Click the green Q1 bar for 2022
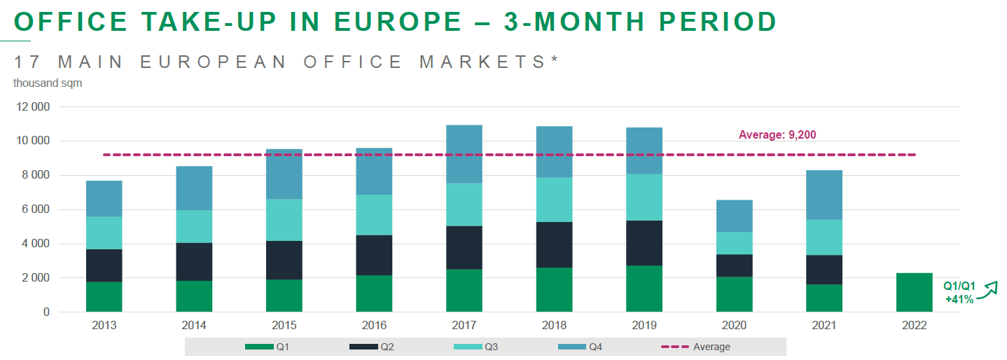point(914,292)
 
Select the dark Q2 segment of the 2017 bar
point(464,247)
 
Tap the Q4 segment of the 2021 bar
point(824,195)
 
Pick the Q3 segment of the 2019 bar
point(644,197)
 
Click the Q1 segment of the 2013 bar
point(104,296)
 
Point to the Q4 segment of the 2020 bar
point(734,216)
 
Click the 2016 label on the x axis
point(374,326)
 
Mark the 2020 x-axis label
point(734,326)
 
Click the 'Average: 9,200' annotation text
point(777,135)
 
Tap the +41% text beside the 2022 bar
point(959,299)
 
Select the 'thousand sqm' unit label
point(48,83)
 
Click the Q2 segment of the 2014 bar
point(194,261)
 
